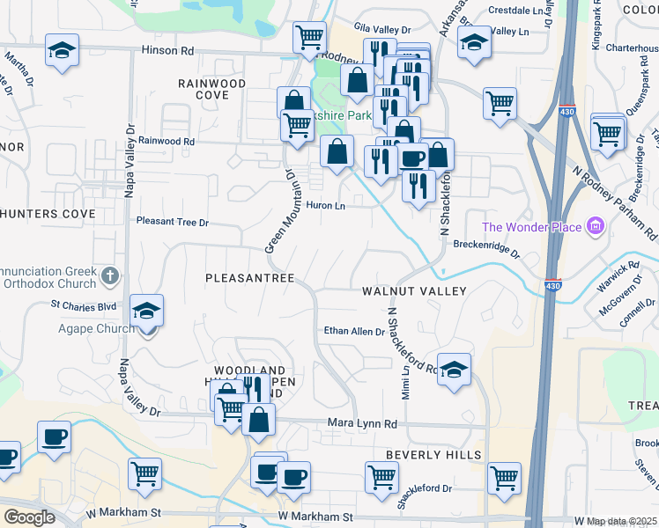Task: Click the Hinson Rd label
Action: click(x=167, y=51)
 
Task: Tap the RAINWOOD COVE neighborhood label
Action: click(x=211, y=88)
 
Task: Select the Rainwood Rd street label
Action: click(x=166, y=141)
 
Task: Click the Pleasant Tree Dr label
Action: click(x=172, y=223)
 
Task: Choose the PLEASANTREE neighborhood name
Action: click(x=249, y=278)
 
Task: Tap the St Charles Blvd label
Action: click(x=84, y=306)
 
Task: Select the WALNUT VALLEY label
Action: click(x=412, y=290)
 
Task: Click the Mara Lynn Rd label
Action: click(x=363, y=424)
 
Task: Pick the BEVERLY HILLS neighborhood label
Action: click(x=433, y=455)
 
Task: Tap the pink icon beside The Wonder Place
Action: click(x=596, y=227)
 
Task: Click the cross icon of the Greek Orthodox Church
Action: click(x=109, y=277)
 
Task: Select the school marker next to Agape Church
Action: click(x=146, y=312)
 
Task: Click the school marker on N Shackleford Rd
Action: click(x=454, y=370)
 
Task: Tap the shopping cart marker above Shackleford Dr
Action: click(x=381, y=477)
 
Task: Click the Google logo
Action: click(x=30, y=517)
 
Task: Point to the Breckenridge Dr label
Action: click(x=486, y=246)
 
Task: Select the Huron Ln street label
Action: click(x=325, y=206)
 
